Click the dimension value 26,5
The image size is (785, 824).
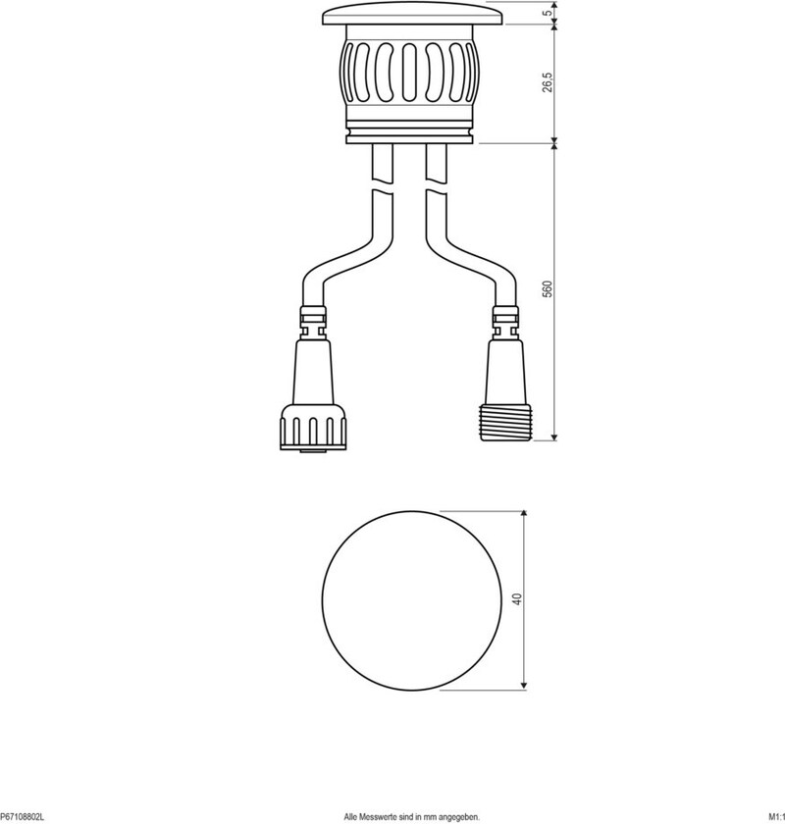pos(548,82)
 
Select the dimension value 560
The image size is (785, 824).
pos(548,289)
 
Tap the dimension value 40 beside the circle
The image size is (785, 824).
pos(518,599)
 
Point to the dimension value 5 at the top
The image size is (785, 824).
pos(549,12)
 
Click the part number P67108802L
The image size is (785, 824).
pos(23,817)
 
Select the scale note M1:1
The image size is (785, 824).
pos(776,817)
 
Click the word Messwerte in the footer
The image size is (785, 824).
pos(375,817)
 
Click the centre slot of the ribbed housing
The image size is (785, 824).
pos(410,73)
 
